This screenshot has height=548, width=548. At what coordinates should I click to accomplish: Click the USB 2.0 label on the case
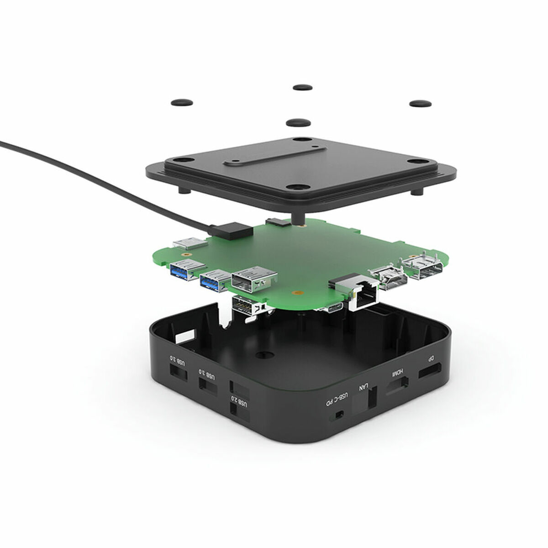pos(242,402)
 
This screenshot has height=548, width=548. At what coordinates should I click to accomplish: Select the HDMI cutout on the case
pos(397,386)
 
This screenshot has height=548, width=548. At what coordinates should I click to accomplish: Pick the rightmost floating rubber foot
pos(420,104)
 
